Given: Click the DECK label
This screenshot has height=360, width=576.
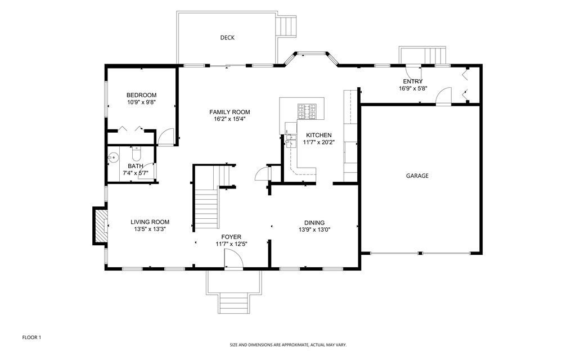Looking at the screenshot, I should (x=227, y=38).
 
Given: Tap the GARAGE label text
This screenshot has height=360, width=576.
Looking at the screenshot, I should (x=417, y=176).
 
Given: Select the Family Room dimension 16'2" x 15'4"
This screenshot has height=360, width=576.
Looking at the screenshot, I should (x=229, y=119).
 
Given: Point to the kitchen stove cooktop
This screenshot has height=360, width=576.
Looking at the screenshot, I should (x=308, y=111).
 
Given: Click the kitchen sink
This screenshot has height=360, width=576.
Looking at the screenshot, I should (x=291, y=140).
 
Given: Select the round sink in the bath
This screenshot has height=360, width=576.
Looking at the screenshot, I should (x=114, y=157).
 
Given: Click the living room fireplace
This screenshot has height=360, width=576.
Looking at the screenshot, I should (x=100, y=226).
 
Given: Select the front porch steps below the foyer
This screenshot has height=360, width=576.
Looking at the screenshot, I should (x=233, y=303).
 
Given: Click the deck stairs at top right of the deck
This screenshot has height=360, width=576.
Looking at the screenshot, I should (x=287, y=26).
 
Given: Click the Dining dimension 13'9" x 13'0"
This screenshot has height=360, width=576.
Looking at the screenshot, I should (x=314, y=229).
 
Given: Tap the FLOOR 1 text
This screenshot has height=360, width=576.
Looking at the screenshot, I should (x=32, y=337).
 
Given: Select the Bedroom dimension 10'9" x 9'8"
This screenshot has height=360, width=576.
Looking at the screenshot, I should (x=141, y=103).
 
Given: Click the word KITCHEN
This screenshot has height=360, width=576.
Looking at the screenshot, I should (x=319, y=136).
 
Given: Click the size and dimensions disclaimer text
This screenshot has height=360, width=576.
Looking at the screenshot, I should (x=288, y=345).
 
